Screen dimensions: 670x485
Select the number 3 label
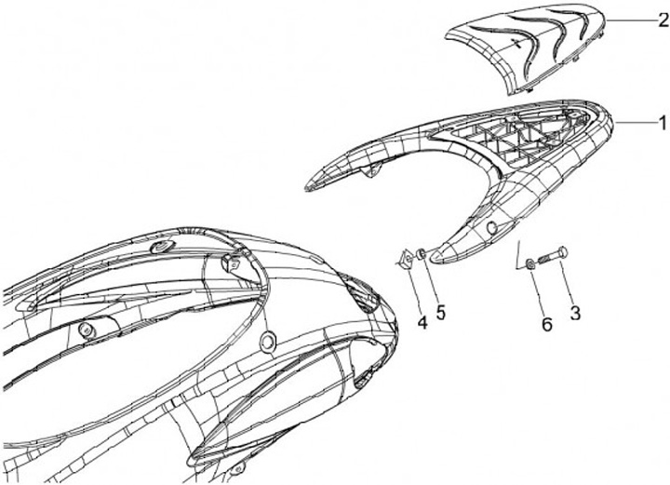pyautogui.click(x=575, y=314)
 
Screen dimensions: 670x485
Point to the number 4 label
pyautogui.click(x=422, y=323)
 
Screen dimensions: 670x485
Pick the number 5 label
pyautogui.click(x=441, y=312)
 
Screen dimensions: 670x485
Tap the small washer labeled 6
pyautogui.click(x=530, y=266)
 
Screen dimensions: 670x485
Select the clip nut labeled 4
pyautogui.click(x=407, y=259)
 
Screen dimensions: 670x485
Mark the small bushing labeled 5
pyautogui.click(x=422, y=253)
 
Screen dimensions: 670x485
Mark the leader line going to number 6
pyautogui.click(x=538, y=293)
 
